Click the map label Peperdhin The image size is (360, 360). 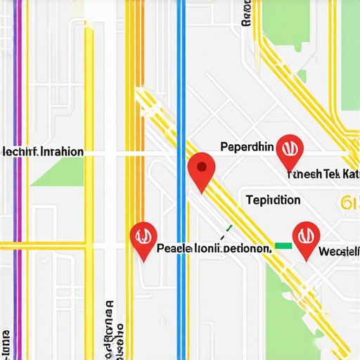point(246,147)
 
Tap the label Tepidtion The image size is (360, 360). point(274,200)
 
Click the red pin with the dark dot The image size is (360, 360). point(202,169)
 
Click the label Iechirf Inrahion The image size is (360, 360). point(43,151)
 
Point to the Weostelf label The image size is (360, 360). point(338,251)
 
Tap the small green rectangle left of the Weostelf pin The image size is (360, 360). point(283,245)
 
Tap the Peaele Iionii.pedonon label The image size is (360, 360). point(213,248)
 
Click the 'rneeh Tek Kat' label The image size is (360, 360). point(322,174)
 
